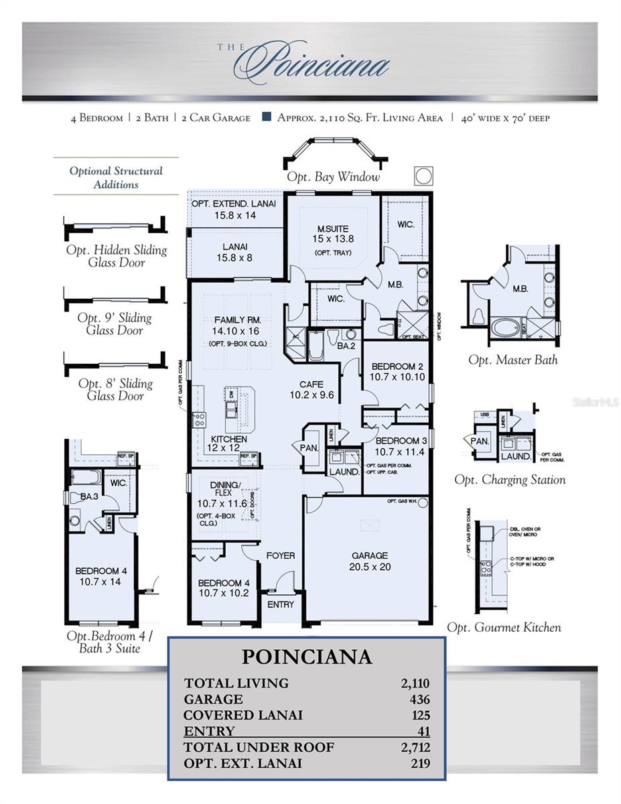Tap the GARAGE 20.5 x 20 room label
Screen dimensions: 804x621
tap(370, 561)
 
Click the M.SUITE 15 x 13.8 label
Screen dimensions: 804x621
tap(333, 234)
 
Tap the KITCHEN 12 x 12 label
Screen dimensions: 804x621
tap(229, 444)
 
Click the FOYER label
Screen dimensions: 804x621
tap(280, 555)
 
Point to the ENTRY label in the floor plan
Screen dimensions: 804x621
tap(280, 604)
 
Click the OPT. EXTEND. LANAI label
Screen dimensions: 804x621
tap(232, 210)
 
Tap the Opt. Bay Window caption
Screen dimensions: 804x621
tap(333, 177)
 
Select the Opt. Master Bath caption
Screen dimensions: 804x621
tap(512, 360)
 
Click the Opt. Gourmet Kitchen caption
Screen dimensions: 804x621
tap(504, 627)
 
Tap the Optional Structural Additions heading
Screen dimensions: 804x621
tap(116, 178)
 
